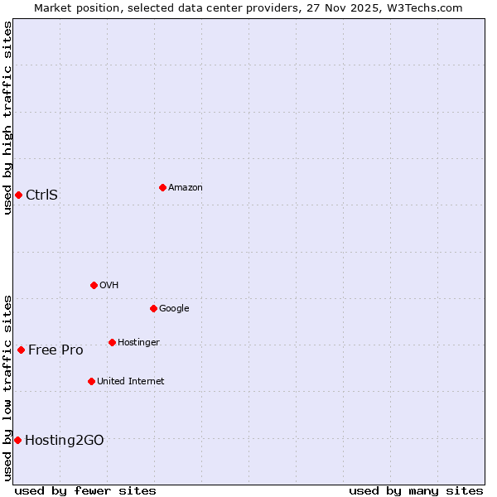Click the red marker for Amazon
pos(162,187)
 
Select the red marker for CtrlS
pos(18,195)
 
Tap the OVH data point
pos(94,285)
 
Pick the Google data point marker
pos(153,308)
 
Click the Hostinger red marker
pos(112,342)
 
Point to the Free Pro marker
pos(21,350)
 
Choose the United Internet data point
pos(91,381)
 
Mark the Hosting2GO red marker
pos(17,440)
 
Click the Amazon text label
pos(186,188)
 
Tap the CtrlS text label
pos(41,195)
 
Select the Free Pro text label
pos(55,350)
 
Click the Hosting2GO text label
pos(65,441)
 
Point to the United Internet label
pos(131,382)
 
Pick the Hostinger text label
pos(138,343)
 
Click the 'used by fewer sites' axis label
pos(85,490)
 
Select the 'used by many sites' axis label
pos(416,490)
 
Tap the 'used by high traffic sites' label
pos(7,118)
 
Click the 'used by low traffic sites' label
pos(7,388)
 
